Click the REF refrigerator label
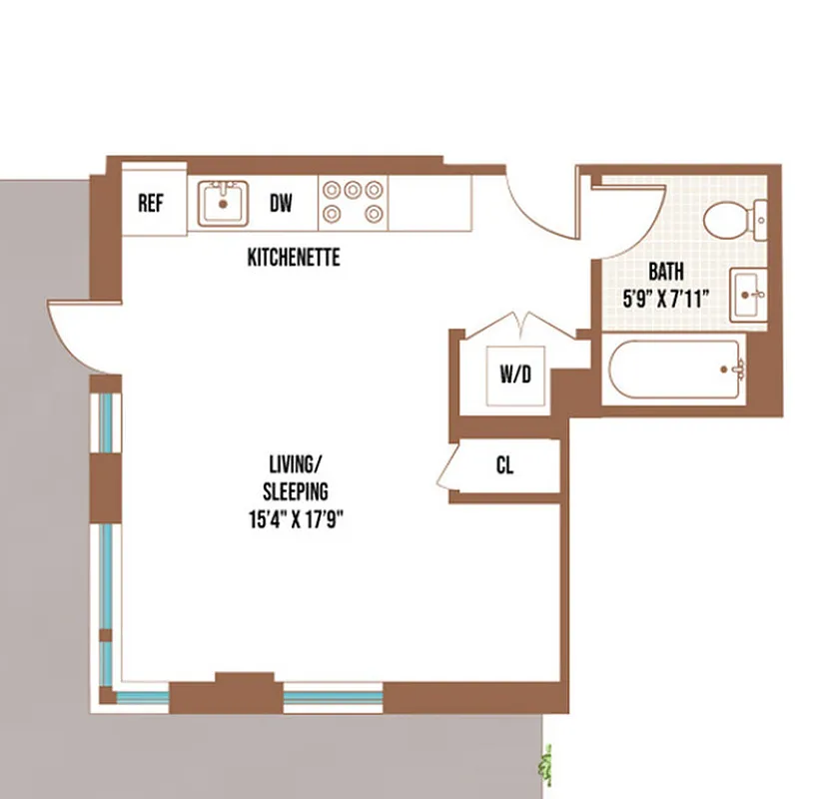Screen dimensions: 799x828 pyautogui.click(x=150, y=204)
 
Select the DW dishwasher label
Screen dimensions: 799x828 pyautogui.click(x=282, y=204)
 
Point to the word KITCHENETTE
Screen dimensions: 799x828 pyautogui.click(x=294, y=258)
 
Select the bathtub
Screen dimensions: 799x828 pyautogui.click(x=675, y=371)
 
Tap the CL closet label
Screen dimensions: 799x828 pyautogui.click(x=505, y=466)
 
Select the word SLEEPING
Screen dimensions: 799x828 pyautogui.click(x=296, y=491)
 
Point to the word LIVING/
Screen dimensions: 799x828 pyautogui.click(x=297, y=464)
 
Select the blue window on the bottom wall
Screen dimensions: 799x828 pyautogui.click(x=333, y=696)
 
